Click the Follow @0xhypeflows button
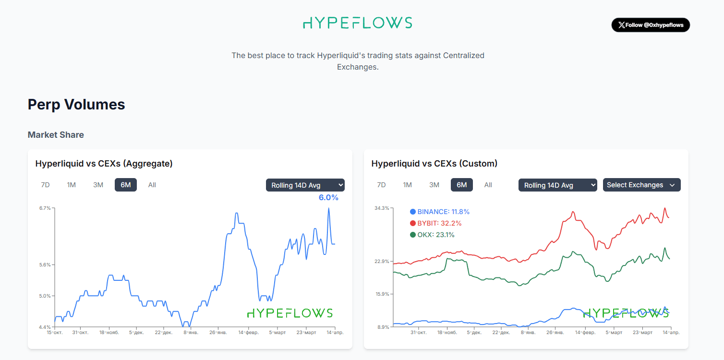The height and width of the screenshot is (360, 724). pyautogui.click(x=651, y=25)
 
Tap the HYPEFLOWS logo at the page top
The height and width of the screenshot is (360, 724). pyautogui.click(x=357, y=23)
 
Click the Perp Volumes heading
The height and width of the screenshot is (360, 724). pyautogui.click(x=76, y=105)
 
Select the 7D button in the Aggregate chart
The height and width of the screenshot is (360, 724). pyautogui.click(x=45, y=185)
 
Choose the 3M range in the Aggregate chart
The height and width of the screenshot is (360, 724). pyautogui.click(x=98, y=185)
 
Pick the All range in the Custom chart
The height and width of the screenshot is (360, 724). pyautogui.click(x=488, y=185)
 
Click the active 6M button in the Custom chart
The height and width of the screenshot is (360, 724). pyautogui.click(x=461, y=185)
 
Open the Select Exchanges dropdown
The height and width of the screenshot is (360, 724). pyautogui.click(x=641, y=185)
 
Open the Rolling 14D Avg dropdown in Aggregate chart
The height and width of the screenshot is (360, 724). pyautogui.click(x=305, y=185)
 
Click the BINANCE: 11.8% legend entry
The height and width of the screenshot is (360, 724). pyautogui.click(x=439, y=212)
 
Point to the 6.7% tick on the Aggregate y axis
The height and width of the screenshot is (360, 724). pyautogui.click(x=45, y=208)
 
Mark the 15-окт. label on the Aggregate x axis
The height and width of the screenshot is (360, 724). pyautogui.click(x=54, y=332)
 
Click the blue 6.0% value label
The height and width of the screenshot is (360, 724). pyautogui.click(x=328, y=197)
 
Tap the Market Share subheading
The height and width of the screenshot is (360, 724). pyautogui.click(x=56, y=135)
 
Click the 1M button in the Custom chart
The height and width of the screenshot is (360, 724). pyautogui.click(x=407, y=185)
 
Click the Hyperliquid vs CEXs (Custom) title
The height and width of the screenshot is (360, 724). pyautogui.click(x=434, y=164)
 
